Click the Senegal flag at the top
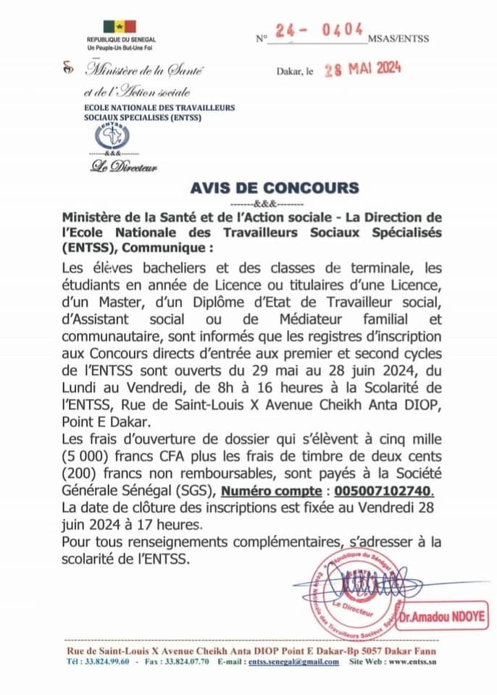[120, 26]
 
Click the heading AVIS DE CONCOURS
[275, 188]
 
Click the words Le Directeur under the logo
[124, 167]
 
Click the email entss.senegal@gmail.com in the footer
[286, 662]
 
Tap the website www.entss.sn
[412, 662]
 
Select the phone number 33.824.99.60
[108, 662]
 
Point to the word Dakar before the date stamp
[289, 72]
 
